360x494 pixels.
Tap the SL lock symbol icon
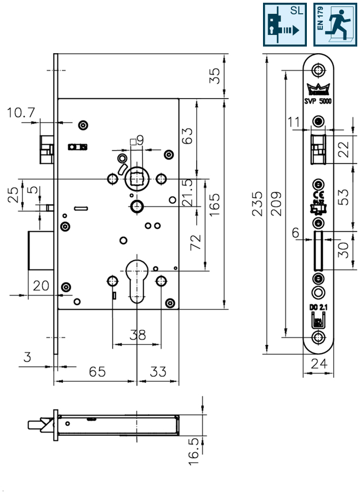pyautogui.click(x=285, y=25)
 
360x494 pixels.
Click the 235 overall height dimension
pyautogui.click(x=258, y=204)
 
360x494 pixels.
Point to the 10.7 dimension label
pyautogui.click(x=21, y=113)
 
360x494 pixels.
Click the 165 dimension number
pyautogui.click(x=215, y=204)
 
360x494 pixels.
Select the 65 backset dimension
pyautogui.click(x=97, y=372)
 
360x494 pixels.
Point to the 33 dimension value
pyautogui.click(x=158, y=372)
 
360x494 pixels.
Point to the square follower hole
pyautogui.click(x=136, y=179)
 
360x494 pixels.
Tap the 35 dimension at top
pyautogui.click(x=215, y=75)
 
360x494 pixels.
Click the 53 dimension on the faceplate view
pyautogui.click(x=343, y=197)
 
